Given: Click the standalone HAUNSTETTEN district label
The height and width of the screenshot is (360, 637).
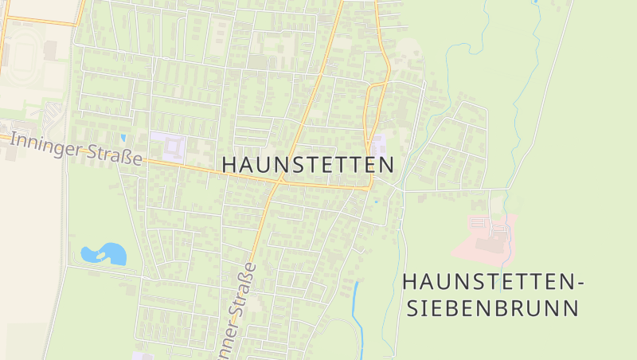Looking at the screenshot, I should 308,165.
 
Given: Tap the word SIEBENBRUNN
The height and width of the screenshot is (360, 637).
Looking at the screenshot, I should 491,308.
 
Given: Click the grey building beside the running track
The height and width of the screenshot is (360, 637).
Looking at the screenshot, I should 51,50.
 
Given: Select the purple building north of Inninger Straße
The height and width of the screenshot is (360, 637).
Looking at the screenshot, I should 168,145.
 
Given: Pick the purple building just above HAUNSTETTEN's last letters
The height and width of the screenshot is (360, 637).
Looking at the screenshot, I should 377,145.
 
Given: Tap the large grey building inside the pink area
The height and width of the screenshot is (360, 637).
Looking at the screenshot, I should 487,243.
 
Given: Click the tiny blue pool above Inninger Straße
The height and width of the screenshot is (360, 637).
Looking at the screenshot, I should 123,137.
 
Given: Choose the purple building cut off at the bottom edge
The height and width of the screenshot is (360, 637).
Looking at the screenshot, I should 142,356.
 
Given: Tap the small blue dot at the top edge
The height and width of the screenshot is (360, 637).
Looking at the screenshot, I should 537,2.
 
